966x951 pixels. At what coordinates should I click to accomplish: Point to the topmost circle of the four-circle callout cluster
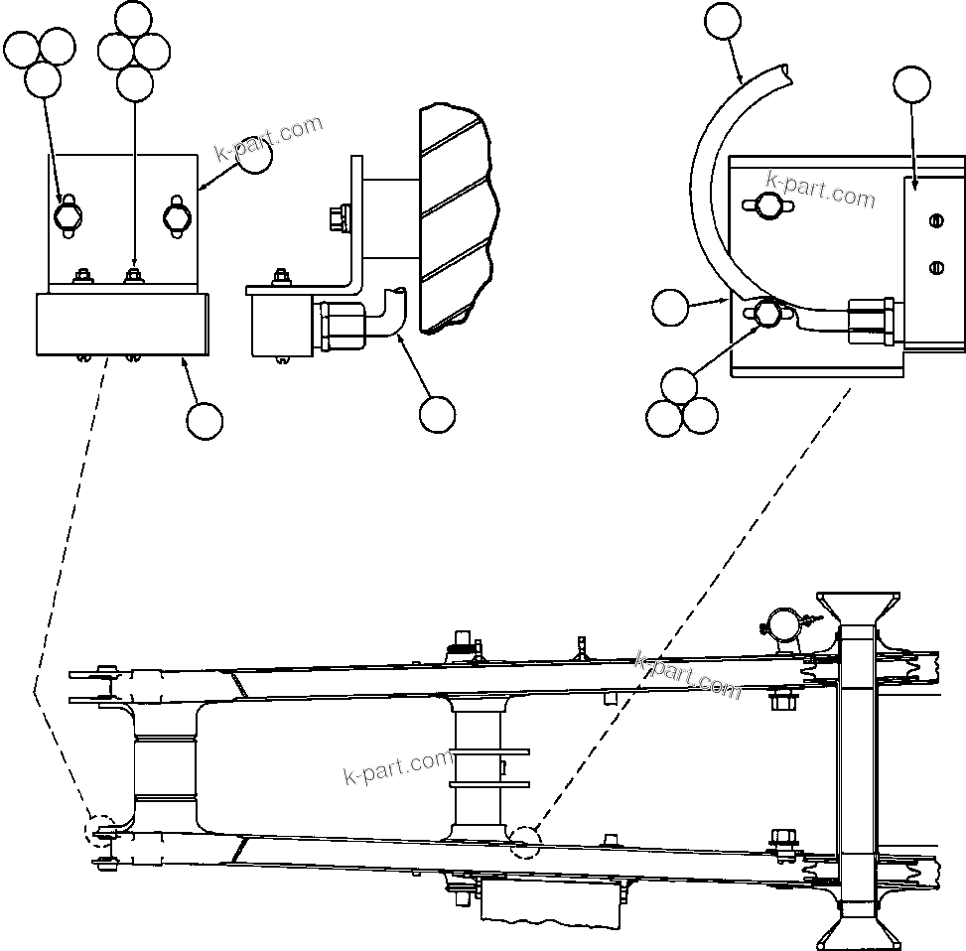click(135, 18)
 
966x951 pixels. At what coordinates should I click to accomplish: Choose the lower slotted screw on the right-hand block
click(934, 265)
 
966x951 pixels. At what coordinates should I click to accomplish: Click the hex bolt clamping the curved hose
click(763, 315)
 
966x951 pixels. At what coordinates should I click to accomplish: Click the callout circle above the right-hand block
click(912, 85)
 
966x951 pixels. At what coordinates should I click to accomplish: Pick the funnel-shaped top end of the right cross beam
click(859, 609)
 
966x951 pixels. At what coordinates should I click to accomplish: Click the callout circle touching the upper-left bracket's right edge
click(256, 157)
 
